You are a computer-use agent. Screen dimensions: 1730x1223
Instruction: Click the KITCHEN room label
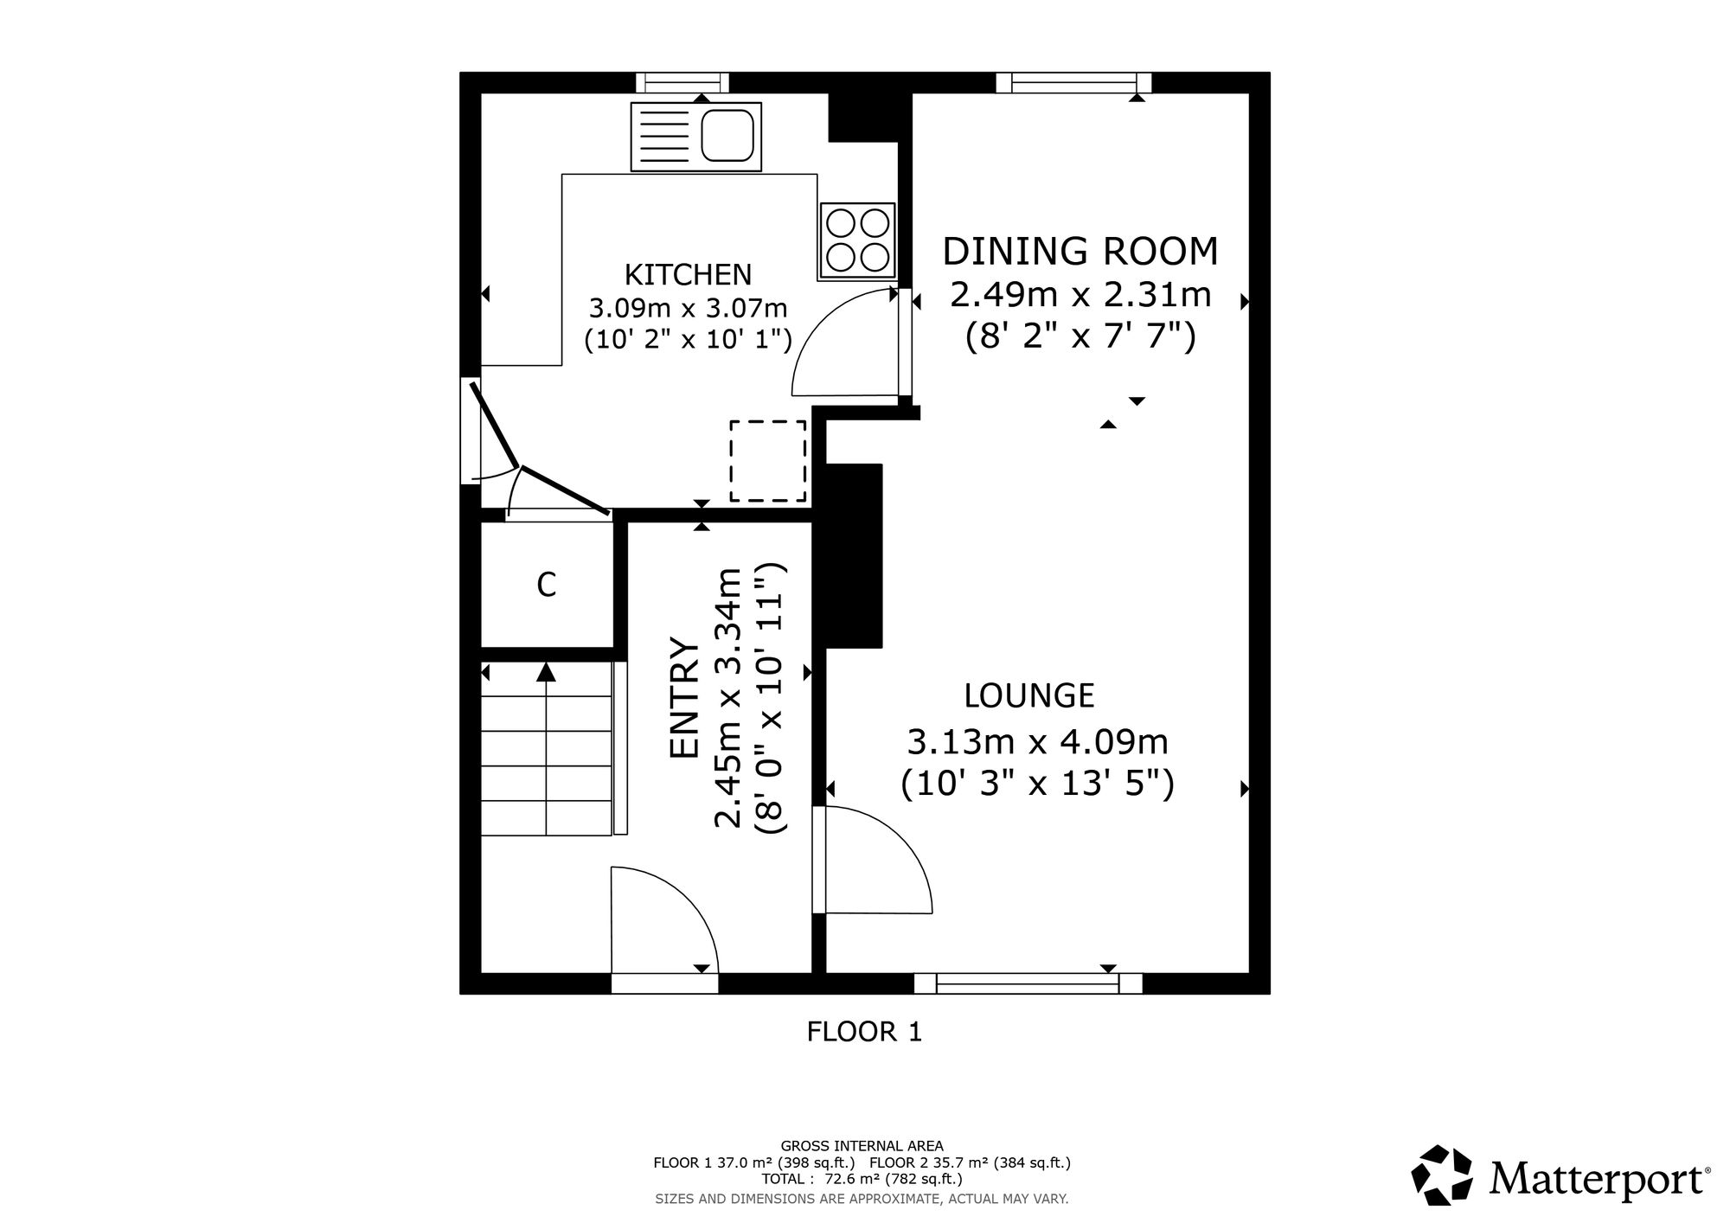pos(689,274)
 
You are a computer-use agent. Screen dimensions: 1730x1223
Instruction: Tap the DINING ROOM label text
pos(1080,251)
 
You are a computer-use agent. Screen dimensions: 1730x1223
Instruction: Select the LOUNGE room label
pos(1029,695)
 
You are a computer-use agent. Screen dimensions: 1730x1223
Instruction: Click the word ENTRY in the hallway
pos(684,698)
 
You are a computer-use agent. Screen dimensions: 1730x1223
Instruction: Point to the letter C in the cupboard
pos(546,586)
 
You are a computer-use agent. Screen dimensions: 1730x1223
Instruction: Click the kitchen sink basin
pos(727,136)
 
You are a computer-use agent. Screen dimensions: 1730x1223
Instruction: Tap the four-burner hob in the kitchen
pos(857,240)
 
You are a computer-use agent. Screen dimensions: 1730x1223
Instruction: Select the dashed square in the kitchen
pos(768,461)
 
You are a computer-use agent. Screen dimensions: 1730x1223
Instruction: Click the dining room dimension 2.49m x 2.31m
pos(1080,295)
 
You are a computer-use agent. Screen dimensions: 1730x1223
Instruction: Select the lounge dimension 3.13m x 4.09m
pos(1038,741)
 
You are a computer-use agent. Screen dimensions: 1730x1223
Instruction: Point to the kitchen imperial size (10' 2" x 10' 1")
pos(689,338)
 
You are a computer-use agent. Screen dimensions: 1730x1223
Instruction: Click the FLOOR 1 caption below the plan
pos(865,1032)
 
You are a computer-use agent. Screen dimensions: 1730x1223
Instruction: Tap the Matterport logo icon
pos(1442,1175)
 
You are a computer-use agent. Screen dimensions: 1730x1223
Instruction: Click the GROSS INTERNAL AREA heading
pos(862,1146)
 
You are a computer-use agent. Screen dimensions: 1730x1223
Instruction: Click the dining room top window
pos(1074,82)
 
